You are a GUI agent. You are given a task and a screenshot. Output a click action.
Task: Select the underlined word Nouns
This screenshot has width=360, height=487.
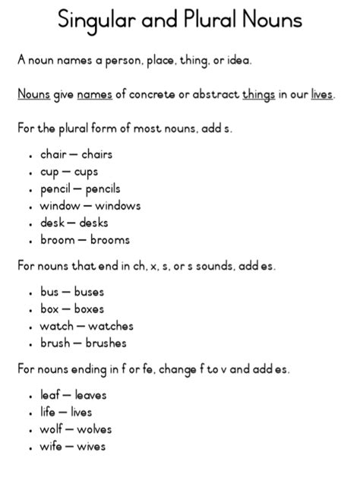coord(34,94)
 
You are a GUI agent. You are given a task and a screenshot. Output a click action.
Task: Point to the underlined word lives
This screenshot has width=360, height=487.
coord(322,94)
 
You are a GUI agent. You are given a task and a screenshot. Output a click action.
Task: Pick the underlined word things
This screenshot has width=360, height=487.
coord(258,95)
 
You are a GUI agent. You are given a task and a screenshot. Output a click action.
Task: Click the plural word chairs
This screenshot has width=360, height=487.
coord(96,154)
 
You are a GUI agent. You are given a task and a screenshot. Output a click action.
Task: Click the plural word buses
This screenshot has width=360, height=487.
coord(89,292)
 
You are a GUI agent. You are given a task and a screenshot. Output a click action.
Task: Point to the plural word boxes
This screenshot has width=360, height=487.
coord(90,308)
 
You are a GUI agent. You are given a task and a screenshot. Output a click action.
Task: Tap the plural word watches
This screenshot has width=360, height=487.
coord(111,326)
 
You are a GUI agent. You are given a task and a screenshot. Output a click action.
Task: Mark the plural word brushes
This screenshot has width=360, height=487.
coord(106,343)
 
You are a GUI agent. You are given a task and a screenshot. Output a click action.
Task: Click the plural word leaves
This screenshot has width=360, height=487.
coord(90,395)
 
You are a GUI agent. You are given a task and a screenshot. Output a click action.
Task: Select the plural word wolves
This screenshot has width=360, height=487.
coord(93,429)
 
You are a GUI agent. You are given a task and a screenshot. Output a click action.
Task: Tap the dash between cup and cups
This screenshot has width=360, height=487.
coord(67,172)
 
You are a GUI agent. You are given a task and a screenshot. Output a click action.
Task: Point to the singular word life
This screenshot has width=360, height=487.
coord(48,412)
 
